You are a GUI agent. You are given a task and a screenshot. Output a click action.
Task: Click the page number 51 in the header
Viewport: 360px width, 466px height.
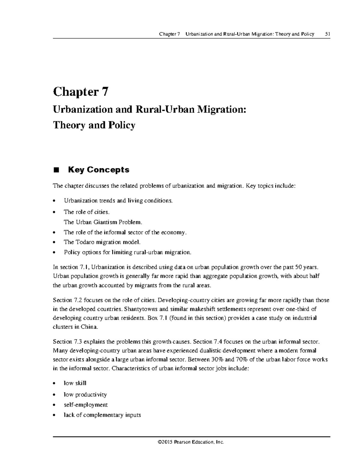point(328,34)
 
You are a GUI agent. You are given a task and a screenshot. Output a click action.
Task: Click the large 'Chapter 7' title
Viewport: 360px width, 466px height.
point(80,92)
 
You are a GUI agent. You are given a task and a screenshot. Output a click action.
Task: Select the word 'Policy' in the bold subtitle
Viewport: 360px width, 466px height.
point(121,125)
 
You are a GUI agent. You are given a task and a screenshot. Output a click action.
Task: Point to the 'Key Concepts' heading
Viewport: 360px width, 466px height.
point(99,170)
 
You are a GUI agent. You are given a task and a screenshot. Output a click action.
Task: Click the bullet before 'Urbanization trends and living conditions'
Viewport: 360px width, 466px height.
point(54,201)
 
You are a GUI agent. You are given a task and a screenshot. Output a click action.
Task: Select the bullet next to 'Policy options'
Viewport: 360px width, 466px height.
point(54,253)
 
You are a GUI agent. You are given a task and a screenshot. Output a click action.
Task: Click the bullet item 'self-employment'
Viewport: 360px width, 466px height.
point(85,405)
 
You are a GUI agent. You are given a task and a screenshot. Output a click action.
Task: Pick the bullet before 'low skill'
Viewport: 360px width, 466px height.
point(54,383)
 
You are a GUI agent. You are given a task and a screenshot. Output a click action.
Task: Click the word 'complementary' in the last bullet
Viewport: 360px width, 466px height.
point(102,415)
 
